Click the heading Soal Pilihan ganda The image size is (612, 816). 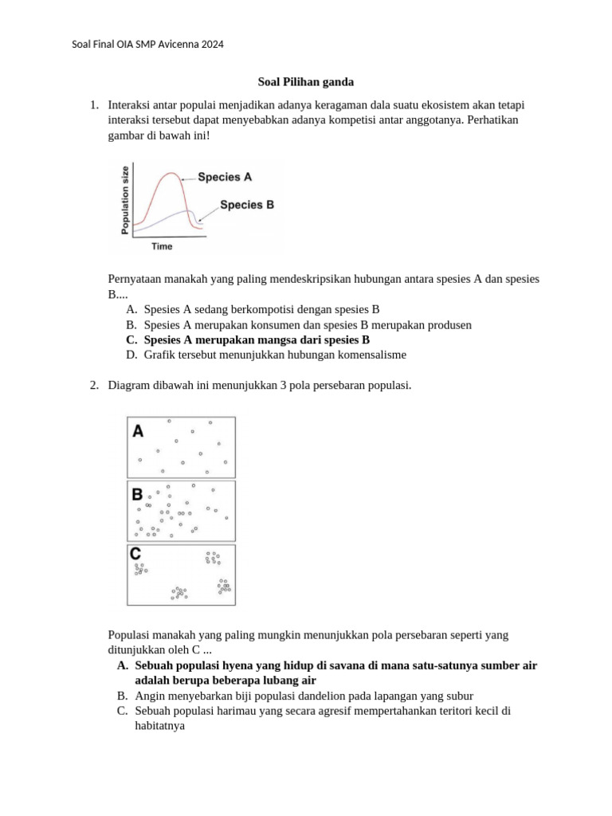(x=306, y=81)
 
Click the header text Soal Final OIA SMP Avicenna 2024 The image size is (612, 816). (x=147, y=45)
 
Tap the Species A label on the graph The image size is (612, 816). (x=225, y=178)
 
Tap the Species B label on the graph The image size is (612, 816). (x=246, y=205)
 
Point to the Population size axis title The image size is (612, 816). (x=124, y=198)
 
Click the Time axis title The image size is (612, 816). (x=162, y=246)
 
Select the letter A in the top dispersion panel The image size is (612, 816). (x=138, y=431)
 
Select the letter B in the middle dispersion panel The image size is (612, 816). (x=138, y=495)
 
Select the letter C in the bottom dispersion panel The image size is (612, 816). (x=136, y=554)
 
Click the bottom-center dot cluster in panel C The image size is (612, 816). (x=178, y=593)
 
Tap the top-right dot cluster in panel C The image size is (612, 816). (x=212, y=558)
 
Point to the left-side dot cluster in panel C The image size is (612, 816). (x=141, y=568)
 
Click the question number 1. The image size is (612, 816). (x=93, y=105)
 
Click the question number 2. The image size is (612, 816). (x=93, y=386)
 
